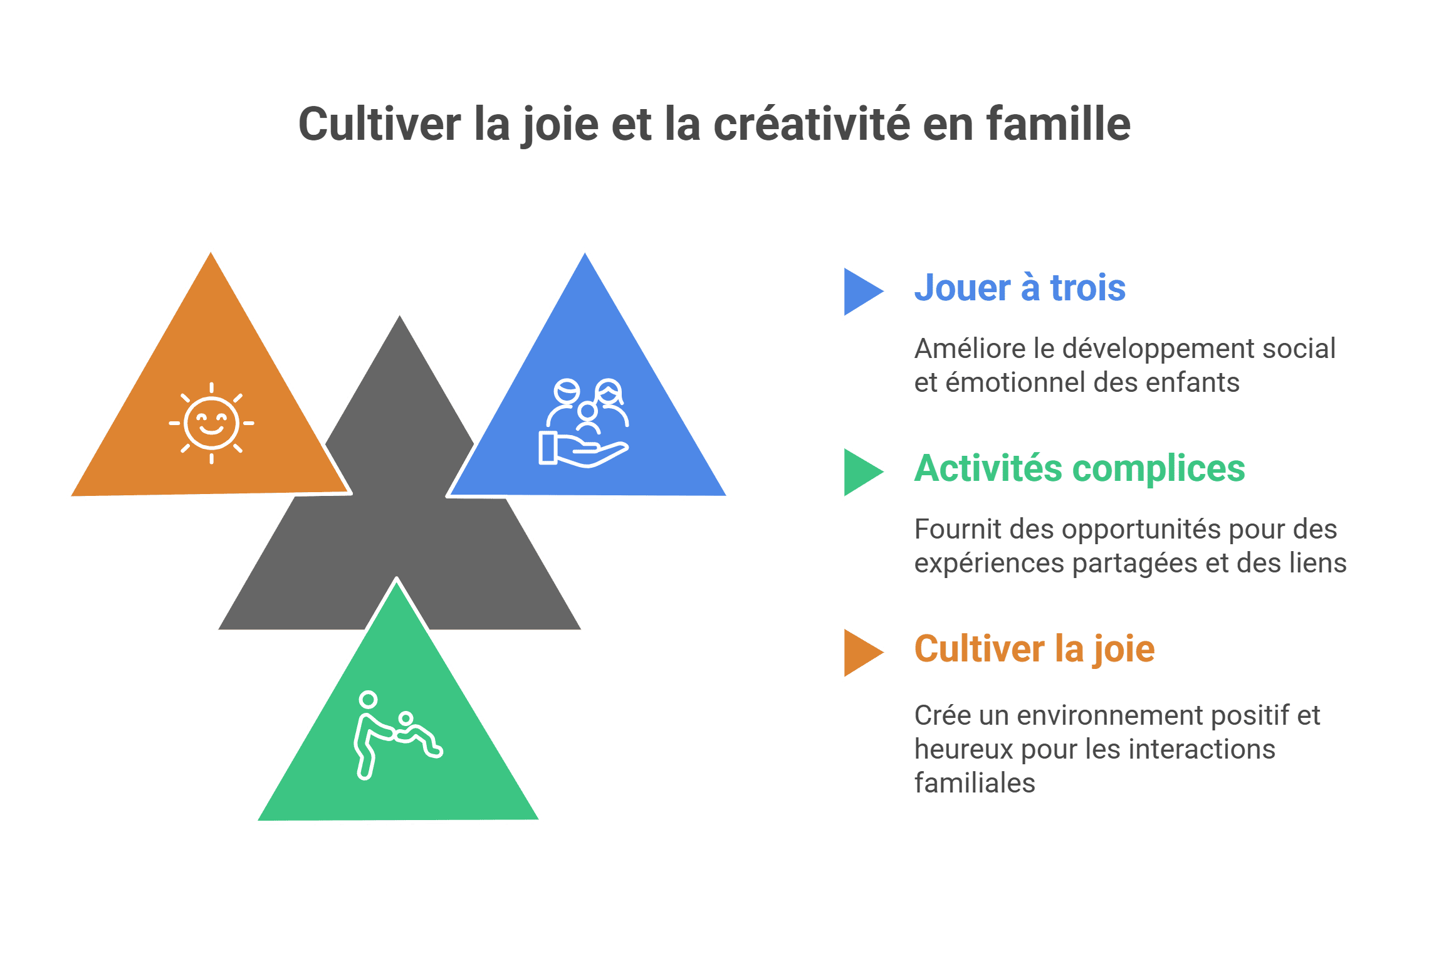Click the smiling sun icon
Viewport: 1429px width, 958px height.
[x=212, y=423]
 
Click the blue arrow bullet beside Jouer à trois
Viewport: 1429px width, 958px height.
[x=862, y=292]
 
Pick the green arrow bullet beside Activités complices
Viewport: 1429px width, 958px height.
[x=862, y=472]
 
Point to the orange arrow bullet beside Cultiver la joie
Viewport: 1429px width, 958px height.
[x=862, y=653]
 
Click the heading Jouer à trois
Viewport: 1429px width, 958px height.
[x=1020, y=288]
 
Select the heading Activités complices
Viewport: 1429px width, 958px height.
[x=1079, y=468]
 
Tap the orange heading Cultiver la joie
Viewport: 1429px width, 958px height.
[x=1034, y=649]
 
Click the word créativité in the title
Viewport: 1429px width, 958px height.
[x=811, y=124]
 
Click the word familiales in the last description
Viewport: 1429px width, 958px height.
[x=975, y=783]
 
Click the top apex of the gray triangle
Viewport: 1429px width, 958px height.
[x=399, y=313]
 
